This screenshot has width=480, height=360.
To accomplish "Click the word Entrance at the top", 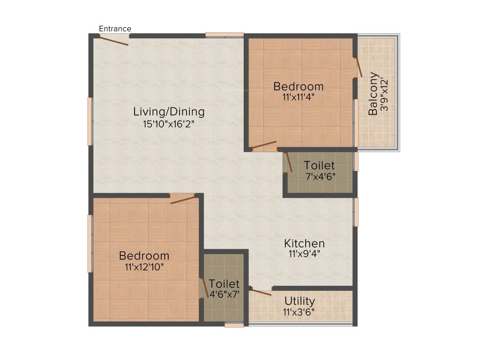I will (x=115, y=29).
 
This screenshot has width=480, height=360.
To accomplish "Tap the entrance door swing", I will (x=114, y=41).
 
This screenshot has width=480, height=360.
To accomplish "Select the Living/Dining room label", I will (x=169, y=112).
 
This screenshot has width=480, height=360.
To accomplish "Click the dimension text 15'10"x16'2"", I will (x=169, y=124).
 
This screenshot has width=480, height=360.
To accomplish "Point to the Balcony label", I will (x=373, y=94).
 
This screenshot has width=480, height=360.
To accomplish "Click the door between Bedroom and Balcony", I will (x=359, y=67).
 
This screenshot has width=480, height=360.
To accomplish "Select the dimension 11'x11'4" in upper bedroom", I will (x=298, y=97).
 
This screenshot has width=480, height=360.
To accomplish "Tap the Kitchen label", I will (x=304, y=243).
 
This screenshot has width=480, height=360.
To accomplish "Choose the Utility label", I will (x=299, y=301).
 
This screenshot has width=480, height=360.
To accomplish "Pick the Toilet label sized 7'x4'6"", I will (x=319, y=165).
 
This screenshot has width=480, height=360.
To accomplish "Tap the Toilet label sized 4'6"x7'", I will (x=224, y=284).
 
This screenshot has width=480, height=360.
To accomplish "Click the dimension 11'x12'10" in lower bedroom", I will (x=144, y=267).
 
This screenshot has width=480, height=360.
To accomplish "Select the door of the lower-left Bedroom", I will (x=183, y=200).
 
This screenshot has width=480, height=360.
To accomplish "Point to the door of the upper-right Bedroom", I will (x=264, y=145).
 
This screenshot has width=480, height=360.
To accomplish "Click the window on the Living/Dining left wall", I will (x=90, y=121).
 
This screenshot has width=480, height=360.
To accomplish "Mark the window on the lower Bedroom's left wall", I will (x=90, y=243).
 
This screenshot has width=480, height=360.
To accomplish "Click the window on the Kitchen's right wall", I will (x=356, y=212).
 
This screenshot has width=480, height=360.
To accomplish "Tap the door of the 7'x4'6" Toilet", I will (x=289, y=162).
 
